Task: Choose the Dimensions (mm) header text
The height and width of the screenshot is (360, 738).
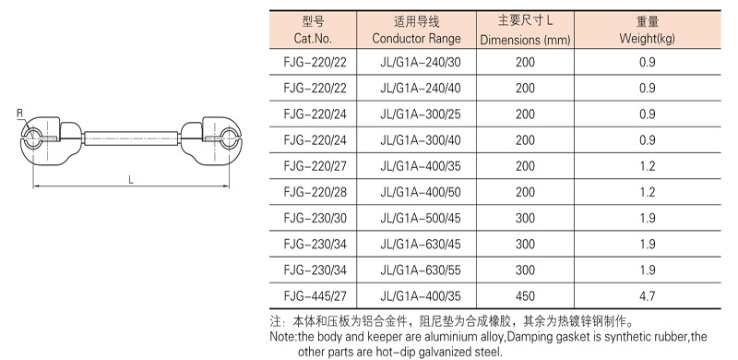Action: [525, 40]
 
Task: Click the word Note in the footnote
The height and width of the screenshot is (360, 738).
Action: [280, 337]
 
